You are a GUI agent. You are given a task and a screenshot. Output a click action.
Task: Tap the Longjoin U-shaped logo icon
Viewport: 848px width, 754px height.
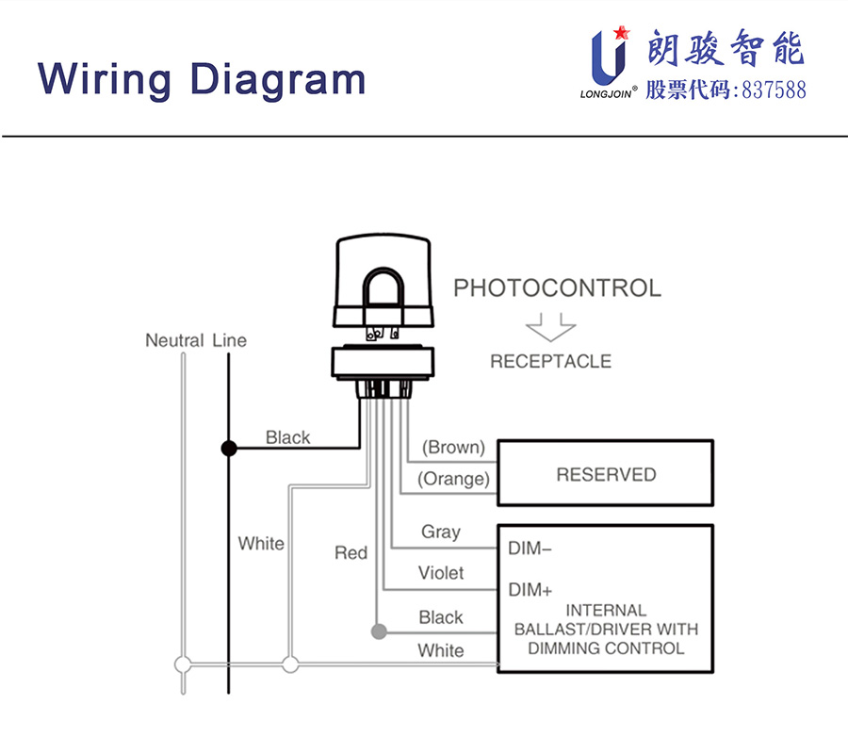pyautogui.click(x=608, y=57)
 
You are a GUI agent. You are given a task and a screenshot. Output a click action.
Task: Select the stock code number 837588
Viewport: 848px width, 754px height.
pyautogui.click(x=775, y=90)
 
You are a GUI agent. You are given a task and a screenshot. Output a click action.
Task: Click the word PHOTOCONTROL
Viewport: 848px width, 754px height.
pyautogui.click(x=558, y=287)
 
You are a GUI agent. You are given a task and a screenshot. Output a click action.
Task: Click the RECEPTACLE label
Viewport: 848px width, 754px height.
pyautogui.click(x=550, y=361)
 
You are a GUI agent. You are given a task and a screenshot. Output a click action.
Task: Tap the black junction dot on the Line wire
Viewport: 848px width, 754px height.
pyautogui.click(x=228, y=448)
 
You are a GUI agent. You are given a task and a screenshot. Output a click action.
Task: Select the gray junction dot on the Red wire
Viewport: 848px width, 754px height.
pyautogui.click(x=379, y=631)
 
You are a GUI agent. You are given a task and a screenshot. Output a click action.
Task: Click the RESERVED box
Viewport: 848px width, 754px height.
pyautogui.click(x=605, y=474)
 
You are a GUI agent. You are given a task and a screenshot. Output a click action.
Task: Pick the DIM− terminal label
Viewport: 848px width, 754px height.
pyautogui.click(x=530, y=548)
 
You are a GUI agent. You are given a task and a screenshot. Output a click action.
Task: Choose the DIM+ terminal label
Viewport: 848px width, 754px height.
pyautogui.click(x=530, y=590)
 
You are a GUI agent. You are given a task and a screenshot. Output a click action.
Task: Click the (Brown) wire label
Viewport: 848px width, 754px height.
pyautogui.click(x=453, y=447)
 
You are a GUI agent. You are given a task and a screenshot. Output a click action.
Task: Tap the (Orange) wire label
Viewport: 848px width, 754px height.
pyautogui.click(x=454, y=479)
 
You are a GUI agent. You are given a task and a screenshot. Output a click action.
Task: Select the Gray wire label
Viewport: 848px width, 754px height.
pyautogui.click(x=440, y=532)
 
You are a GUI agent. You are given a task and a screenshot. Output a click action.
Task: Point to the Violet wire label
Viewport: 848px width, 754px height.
pyautogui.click(x=441, y=573)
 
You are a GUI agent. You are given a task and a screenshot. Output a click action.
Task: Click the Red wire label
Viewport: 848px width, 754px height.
pyautogui.click(x=351, y=552)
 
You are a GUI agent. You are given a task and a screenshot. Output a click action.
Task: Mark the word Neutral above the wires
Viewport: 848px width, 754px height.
pyautogui.click(x=174, y=340)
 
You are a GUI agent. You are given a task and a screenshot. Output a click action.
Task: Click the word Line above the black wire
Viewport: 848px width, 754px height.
pyautogui.click(x=230, y=340)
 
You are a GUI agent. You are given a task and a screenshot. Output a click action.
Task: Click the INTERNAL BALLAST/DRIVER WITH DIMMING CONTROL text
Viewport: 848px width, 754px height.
pyautogui.click(x=606, y=630)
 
